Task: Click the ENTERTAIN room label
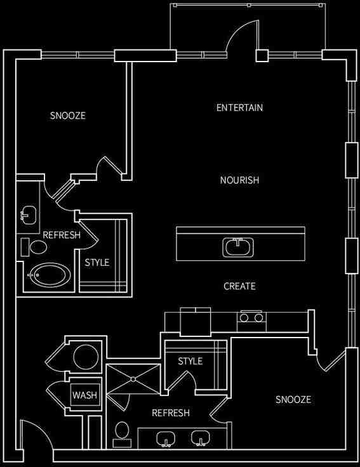click(239, 108)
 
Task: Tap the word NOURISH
click(239, 180)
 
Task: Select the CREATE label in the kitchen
click(239, 286)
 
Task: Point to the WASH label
click(84, 395)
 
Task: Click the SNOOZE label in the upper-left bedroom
click(67, 116)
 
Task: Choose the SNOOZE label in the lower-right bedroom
click(293, 399)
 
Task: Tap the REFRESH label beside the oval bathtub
click(62, 235)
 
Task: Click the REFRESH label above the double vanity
click(171, 413)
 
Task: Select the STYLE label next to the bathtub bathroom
click(97, 262)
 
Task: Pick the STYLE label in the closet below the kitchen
click(190, 361)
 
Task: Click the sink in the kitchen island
click(239, 246)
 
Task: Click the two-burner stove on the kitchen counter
click(251, 317)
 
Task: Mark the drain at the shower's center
click(133, 379)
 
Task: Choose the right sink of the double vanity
click(201, 439)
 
